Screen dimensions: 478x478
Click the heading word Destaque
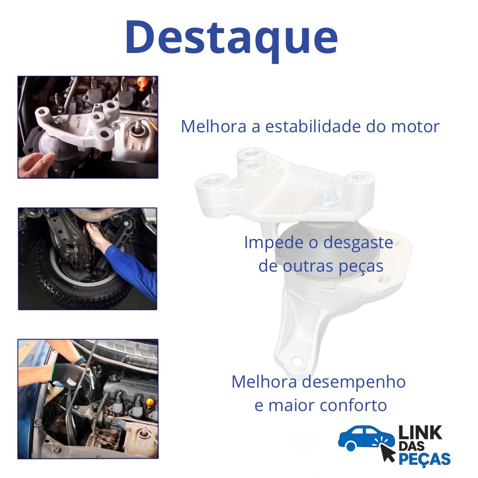[x=231, y=37]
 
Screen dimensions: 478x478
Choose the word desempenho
[x=353, y=382]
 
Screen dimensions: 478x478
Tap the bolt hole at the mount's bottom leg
[x=296, y=361]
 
